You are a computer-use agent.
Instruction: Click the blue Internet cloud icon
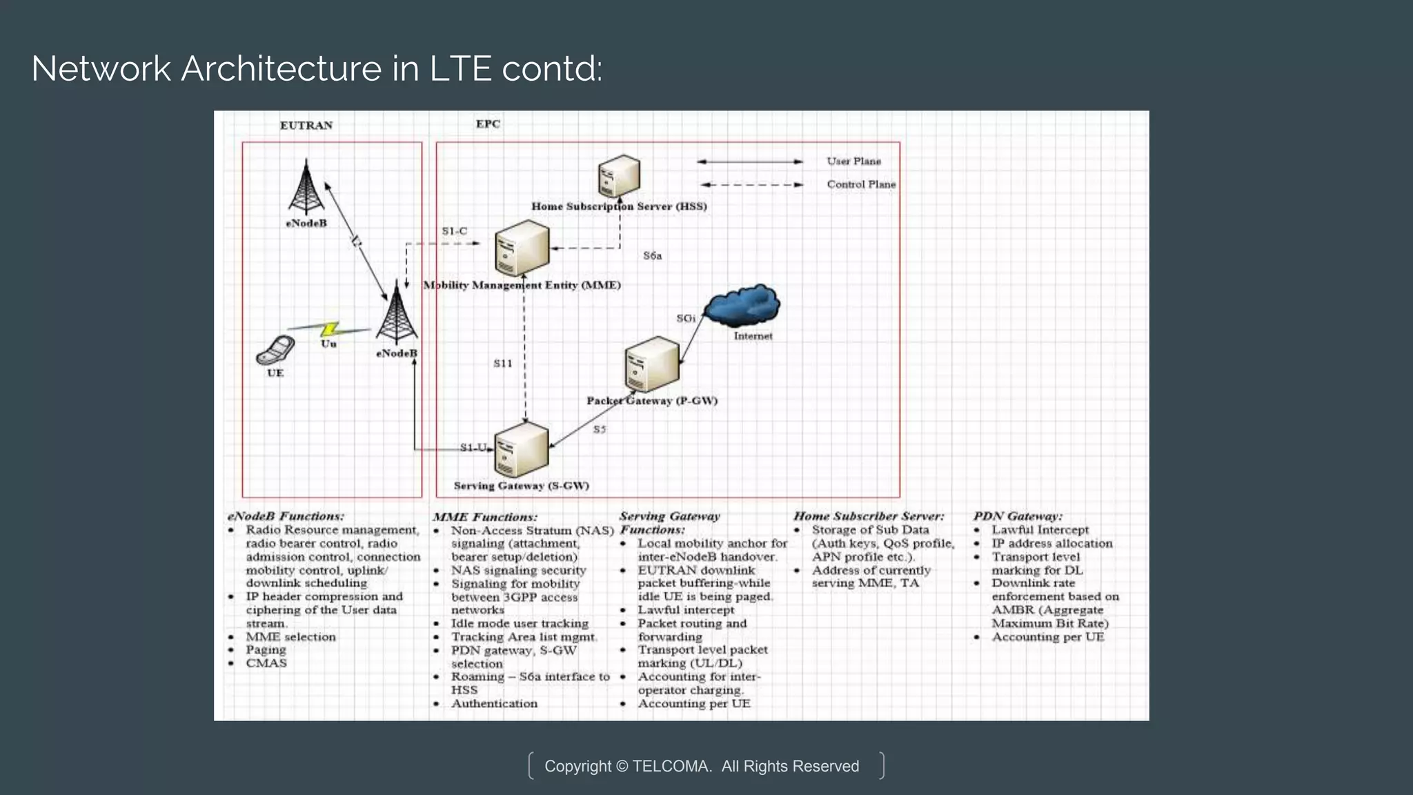743,305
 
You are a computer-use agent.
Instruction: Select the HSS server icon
619,176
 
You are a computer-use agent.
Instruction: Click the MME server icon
522,248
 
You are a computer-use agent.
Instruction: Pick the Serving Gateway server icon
522,449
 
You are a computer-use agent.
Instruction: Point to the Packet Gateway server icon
651,364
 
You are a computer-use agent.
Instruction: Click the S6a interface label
652,256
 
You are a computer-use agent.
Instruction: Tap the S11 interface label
502,364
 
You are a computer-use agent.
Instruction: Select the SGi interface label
685,318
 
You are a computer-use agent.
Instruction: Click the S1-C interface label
454,231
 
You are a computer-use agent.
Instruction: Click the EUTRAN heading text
306,125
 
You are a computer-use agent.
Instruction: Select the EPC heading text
488,124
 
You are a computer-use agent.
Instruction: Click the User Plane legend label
853,161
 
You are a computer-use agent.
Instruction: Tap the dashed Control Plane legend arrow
751,185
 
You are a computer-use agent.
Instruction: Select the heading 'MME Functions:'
484,517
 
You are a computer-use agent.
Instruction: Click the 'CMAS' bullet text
266,663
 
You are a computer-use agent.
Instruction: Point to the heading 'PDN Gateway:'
1017,516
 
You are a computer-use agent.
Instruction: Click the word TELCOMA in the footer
671,766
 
